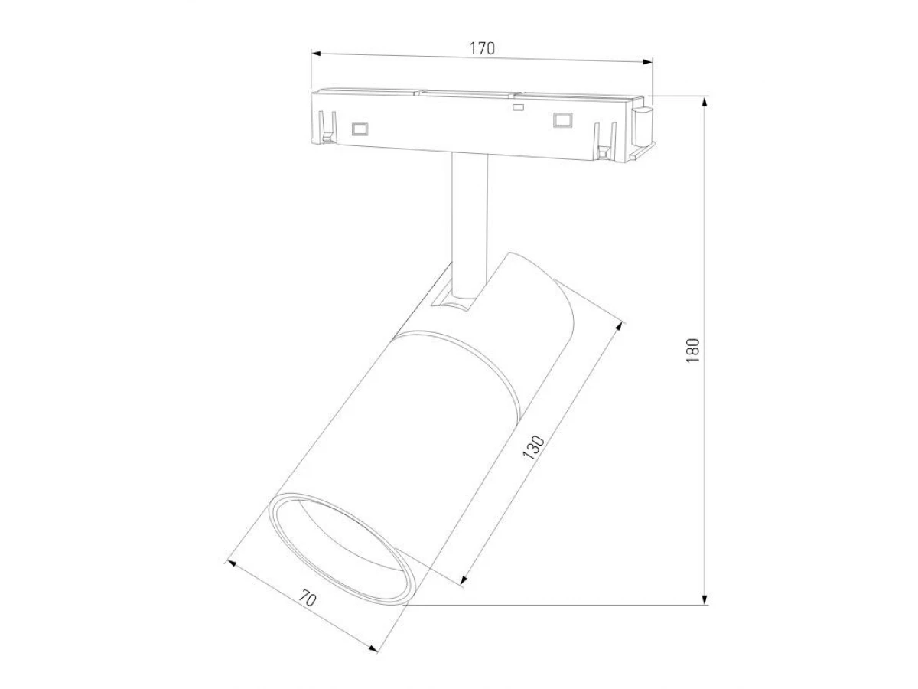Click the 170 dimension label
[x=482, y=48]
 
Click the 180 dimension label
[x=693, y=351]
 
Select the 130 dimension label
[x=534, y=448]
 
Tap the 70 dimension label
[x=308, y=599]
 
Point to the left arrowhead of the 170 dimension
[x=316, y=54]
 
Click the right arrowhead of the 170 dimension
[x=648, y=62]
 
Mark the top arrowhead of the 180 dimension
[x=705, y=102]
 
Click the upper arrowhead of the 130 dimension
[x=619, y=327]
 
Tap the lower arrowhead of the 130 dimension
[x=464, y=580]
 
